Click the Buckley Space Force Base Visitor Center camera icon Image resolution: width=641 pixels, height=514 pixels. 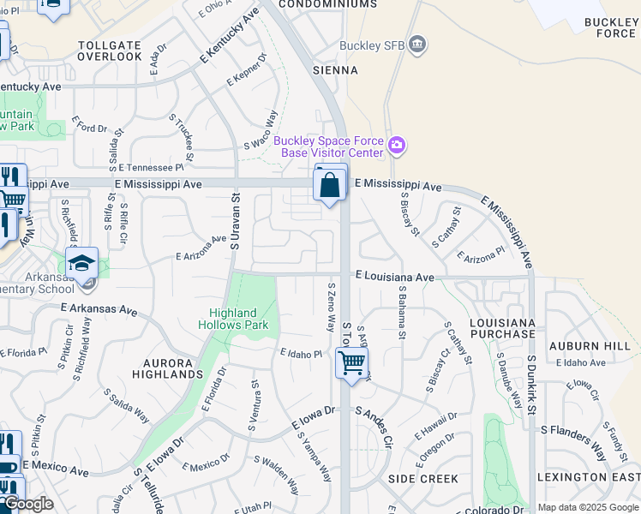(x=396, y=146)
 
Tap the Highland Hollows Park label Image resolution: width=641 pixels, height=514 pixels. (x=233, y=319)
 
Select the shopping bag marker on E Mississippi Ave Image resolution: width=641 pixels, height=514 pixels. (x=331, y=183)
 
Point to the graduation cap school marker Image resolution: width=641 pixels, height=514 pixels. (x=82, y=263)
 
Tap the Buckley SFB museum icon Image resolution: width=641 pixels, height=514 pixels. (x=417, y=45)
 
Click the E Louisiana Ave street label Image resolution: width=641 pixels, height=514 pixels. (x=395, y=278)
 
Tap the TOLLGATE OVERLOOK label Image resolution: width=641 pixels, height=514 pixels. (x=110, y=51)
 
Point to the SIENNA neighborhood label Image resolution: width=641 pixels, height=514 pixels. (x=335, y=70)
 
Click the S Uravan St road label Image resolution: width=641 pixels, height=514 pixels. (x=234, y=221)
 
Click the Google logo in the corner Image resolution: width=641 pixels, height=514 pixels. (x=27, y=505)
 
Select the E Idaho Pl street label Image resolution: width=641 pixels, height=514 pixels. (x=300, y=354)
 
